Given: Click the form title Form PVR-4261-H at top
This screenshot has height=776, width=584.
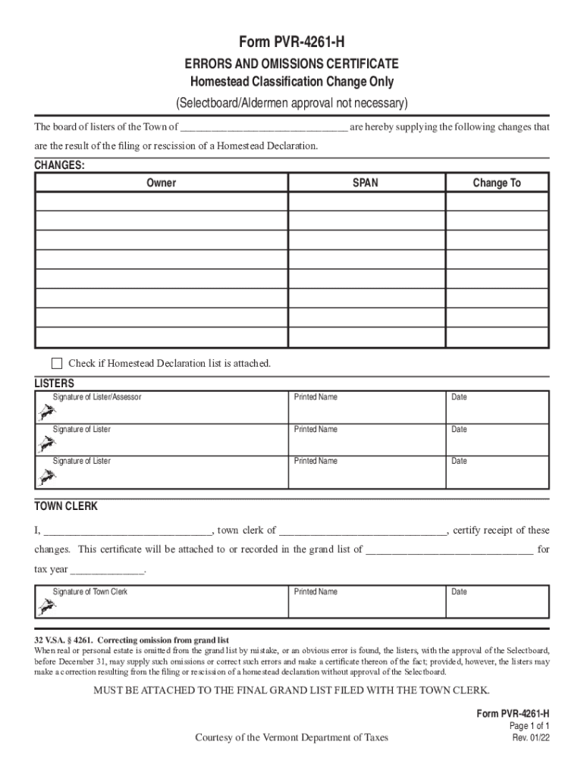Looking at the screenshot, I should (x=292, y=44).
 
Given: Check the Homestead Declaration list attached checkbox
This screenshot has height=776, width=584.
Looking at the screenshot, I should (x=57, y=363).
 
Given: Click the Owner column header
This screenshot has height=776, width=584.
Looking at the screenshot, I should (x=162, y=183).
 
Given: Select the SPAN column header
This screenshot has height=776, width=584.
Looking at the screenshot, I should (x=366, y=183).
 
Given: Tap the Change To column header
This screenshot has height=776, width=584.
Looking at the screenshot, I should (x=497, y=183).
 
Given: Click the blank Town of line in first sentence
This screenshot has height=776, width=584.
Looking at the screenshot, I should (x=264, y=128).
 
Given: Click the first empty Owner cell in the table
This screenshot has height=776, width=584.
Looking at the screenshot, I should (x=162, y=202).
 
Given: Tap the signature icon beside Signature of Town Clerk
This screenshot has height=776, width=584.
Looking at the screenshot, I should (x=46, y=607).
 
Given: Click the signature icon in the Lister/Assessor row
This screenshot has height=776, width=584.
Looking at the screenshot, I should (x=46, y=412).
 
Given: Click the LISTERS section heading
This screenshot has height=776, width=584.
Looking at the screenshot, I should (x=55, y=383).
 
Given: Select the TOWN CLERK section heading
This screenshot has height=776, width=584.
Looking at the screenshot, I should (x=66, y=505).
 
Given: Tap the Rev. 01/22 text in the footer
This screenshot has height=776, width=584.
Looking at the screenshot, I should (x=530, y=737).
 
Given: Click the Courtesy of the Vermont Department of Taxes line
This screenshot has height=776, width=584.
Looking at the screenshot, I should (x=291, y=737).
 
